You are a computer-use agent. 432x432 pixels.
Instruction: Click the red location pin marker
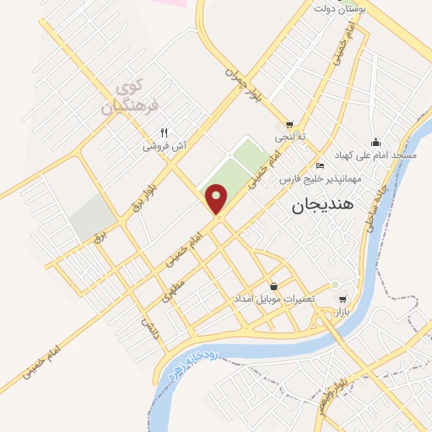pos(218,201)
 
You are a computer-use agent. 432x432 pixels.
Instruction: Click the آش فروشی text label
pos(164,145)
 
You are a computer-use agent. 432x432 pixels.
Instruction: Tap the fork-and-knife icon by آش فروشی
pos(165,132)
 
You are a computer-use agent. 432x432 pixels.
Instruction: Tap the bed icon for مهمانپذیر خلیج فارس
pos(319,165)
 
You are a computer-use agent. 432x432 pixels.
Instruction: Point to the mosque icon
pos(375,143)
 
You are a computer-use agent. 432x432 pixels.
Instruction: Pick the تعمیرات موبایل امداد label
pos(273,300)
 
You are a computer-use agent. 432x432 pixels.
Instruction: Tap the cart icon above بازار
pos(342,300)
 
